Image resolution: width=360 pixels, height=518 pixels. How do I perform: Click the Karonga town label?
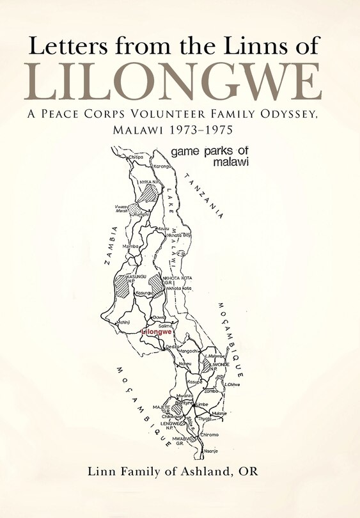click(x=162, y=166)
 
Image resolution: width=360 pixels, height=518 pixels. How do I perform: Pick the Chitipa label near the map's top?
click(x=136, y=157)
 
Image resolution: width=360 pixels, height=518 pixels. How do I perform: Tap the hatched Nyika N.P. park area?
click(x=149, y=193)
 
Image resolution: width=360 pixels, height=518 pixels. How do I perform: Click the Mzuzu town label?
click(x=163, y=228)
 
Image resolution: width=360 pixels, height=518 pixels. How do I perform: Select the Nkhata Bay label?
click(x=178, y=235)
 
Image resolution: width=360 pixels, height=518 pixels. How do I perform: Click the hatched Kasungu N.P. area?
click(x=122, y=285)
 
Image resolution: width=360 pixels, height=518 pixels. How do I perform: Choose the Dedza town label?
click(x=172, y=347)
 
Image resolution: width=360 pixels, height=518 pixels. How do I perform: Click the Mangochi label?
click(x=191, y=351)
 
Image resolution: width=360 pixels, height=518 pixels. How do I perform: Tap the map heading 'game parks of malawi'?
click(x=218, y=157)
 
